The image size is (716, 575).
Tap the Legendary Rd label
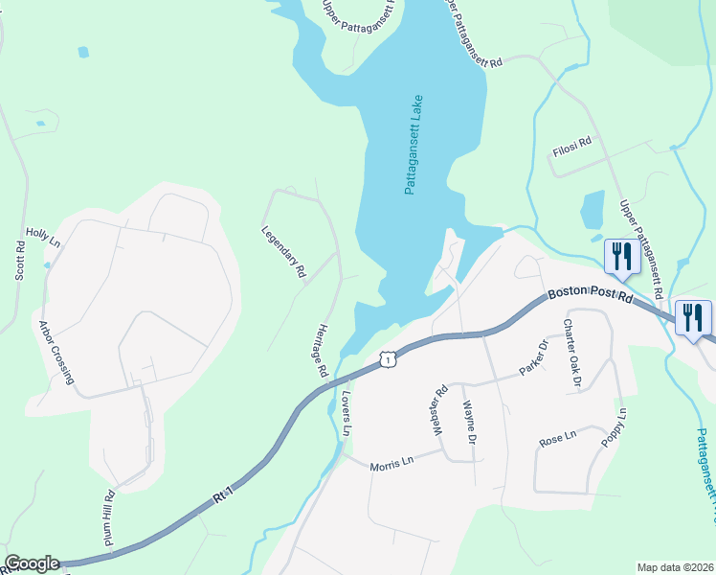click(x=283, y=252)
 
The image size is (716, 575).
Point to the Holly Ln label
click(x=43, y=239)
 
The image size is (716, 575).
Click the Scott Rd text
click(x=19, y=260)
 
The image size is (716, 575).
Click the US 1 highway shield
click(x=386, y=358)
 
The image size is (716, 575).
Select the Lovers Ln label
click(x=346, y=412)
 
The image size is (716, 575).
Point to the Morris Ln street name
click(x=392, y=460)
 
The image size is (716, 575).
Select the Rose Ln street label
click(x=557, y=439)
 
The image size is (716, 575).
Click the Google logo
click(x=33, y=564)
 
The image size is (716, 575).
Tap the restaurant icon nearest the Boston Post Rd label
click(x=622, y=257)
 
